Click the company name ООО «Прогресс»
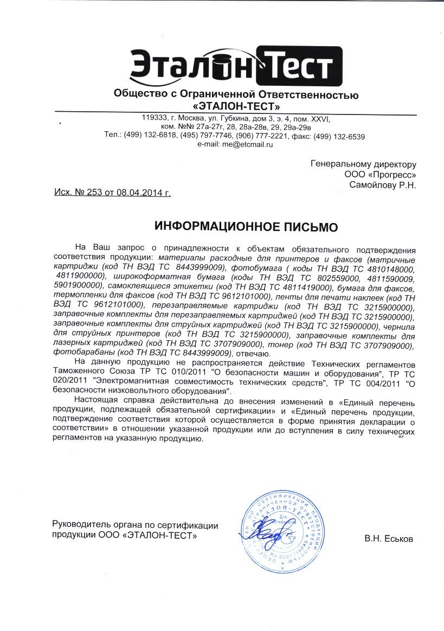coord(380,175)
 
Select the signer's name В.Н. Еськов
coord(389,539)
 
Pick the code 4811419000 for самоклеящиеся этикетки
coord(303,285)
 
